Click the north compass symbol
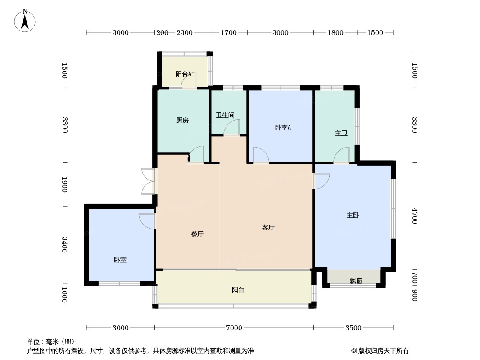click(x=25, y=20)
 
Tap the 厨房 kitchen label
click(x=182, y=121)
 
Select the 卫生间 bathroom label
click(x=225, y=116)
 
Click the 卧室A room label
click(x=283, y=128)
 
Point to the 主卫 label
click(x=341, y=134)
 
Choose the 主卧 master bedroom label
click(x=353, y=216)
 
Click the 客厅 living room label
click(x=268, y=228)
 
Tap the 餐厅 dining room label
click(x=197, y=234)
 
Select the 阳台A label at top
click(x=183, y=74)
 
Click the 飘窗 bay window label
click(x=356, y=281)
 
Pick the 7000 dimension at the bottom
click(x=234, y=328)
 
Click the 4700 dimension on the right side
click(x=415, y=216)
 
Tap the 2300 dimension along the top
click(x=185, y=33)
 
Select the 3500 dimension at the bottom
click(x=353, y=328)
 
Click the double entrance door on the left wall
click(x=148, y=181)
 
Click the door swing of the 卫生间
click(x=232, y=128)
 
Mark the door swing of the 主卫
click(x=341, y=156)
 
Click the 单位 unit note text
click(x=51, y=342)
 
